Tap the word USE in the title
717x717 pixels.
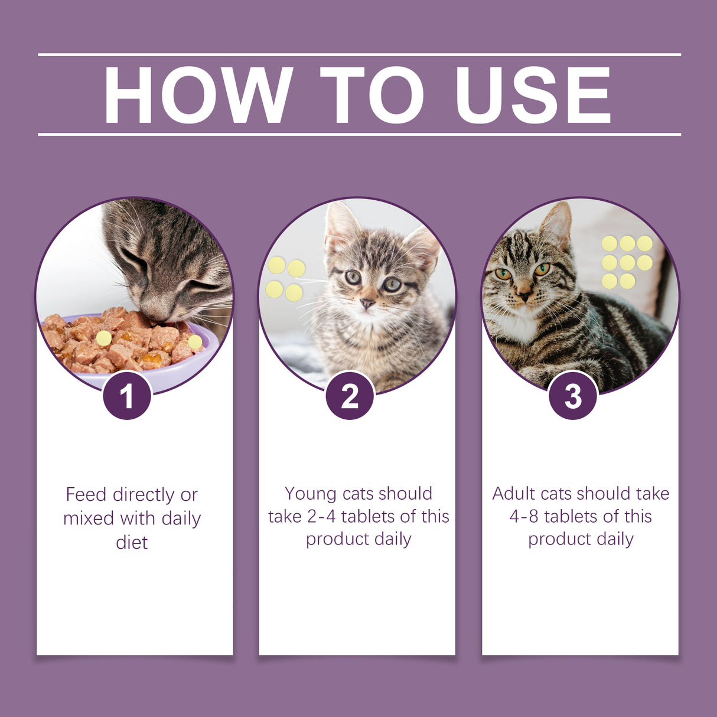533,95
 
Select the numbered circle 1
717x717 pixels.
127,396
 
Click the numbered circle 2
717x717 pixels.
350,396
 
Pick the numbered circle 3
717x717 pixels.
572,396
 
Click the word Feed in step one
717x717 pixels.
86,494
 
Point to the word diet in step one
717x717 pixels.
132,542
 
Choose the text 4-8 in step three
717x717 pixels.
523,516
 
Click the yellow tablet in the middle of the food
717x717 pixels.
104,338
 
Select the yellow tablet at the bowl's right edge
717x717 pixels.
195,342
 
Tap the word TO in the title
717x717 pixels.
372,95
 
